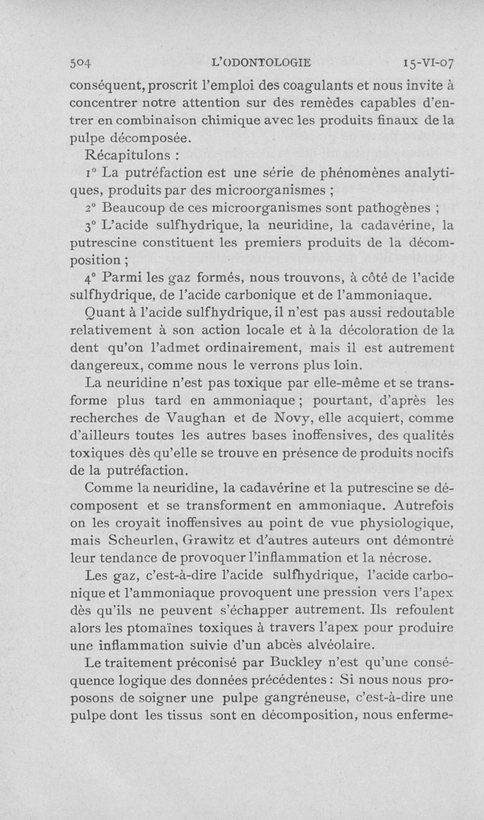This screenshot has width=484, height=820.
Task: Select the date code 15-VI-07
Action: pyautogui.click(x=424, y=62)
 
